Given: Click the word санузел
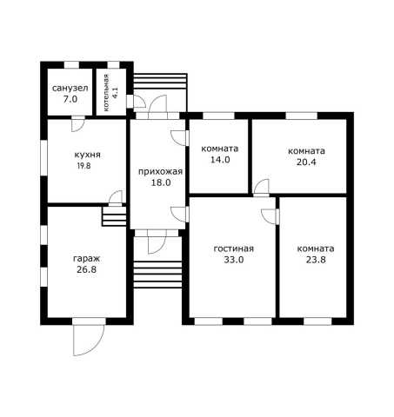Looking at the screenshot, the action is (x=70, y=88).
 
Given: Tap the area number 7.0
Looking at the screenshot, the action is (x=70, y=99).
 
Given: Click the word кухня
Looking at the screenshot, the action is (x=87, y=155).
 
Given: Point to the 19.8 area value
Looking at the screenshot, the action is (x=83, y=166).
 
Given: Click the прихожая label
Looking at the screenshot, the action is (x=160, y=171).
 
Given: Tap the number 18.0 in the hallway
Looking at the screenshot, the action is (x=161, y=182).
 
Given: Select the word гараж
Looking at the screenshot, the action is (x=86, y=259).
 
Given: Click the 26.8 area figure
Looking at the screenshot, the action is (x=86, y=269).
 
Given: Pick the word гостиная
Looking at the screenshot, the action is (x=234, y=248).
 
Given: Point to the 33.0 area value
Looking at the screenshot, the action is (x=234, y=260).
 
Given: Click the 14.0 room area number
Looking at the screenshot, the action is (x=220, y=160).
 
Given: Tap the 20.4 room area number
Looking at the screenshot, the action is (x=306, y=162).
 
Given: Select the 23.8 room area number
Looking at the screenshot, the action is (x=316, y=260).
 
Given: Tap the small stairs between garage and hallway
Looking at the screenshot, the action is (x=114, y=216).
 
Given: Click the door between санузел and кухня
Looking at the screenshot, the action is (x=77, y=124).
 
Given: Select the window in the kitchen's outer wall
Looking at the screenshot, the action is (x=43, y=158).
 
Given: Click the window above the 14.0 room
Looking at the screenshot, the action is (x=218, y=116).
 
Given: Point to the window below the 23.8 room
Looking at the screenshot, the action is (x=317, y=321).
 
